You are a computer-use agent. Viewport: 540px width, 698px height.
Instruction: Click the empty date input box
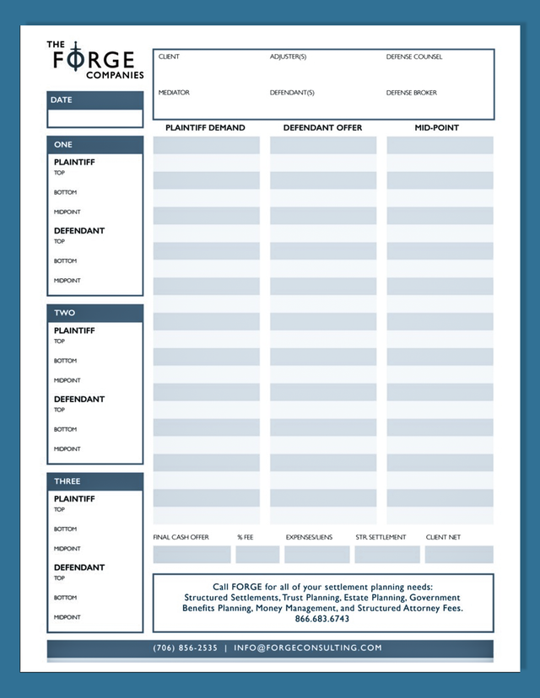click(94, 118)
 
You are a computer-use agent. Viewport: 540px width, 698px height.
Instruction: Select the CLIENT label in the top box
click(169, 57)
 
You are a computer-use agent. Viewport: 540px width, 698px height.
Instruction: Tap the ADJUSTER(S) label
click(288, 57)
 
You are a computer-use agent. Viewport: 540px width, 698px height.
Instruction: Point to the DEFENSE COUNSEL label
click(414, 57)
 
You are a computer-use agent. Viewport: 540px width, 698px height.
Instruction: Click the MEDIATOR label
click(174, 93)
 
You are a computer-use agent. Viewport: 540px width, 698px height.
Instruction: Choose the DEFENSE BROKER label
click(412, 93)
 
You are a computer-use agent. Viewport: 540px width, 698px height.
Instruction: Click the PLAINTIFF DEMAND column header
click(205, 128)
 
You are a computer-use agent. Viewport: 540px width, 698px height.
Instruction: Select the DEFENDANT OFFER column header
click(322, 128)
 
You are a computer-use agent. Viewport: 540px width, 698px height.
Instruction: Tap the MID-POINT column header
click(437, 128)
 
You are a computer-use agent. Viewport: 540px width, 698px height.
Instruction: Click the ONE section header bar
click(94, 144)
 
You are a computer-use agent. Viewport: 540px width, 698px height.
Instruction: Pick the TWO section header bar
click(94, 313)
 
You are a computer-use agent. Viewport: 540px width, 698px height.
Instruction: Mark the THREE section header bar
click(94, 481)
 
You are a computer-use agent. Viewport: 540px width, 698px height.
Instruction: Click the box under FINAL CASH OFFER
click(192, 555)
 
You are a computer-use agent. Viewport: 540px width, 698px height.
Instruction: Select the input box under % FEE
click(257, 555)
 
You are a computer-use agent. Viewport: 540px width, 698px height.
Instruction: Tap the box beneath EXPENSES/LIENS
click(316, 555)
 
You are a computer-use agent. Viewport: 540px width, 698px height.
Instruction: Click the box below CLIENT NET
click(459, 555)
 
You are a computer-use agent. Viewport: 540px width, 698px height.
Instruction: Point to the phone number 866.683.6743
click(322, 619)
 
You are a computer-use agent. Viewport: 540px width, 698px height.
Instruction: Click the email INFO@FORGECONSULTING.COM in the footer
click(308, 648)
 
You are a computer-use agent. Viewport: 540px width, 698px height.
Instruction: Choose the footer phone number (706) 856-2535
click(185, 648)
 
